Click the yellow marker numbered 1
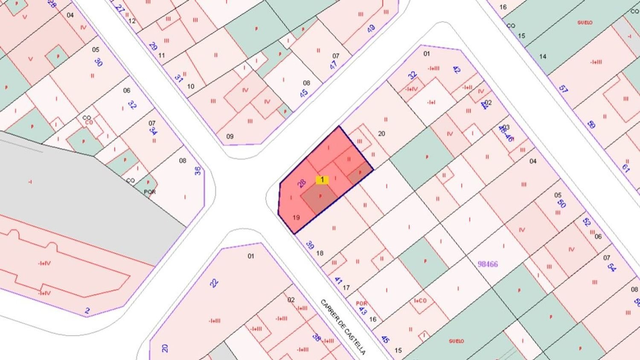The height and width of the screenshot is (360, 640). coord(322,180)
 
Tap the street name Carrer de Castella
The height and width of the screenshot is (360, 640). coord(343,327)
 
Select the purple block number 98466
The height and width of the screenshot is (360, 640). coord(488,264)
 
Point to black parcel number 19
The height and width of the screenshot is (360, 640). coord(296,218)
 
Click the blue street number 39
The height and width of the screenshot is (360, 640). coord(310,245)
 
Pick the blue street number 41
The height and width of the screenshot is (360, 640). coord(338,281)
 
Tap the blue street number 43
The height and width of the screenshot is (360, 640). coord(363,311)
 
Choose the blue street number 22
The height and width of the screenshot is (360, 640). coord(214,283)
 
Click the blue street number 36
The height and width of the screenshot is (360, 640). coord(198,171)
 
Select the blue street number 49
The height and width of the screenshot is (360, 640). coord(371,29)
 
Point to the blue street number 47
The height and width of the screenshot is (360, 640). coord(333,65)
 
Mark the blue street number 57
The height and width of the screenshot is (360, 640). coord(563,89)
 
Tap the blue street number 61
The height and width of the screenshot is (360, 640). coord(626,168)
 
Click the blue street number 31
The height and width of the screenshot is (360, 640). coord(178,78)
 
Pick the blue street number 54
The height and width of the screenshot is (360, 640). coord(611,268)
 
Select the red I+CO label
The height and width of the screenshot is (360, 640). coord(420,300)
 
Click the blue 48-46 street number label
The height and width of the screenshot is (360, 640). coord(506,134)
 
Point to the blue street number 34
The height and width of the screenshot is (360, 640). coord(153,131)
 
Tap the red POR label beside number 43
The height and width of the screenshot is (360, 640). coord(361,303)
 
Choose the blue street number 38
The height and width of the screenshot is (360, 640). coord(317,337)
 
